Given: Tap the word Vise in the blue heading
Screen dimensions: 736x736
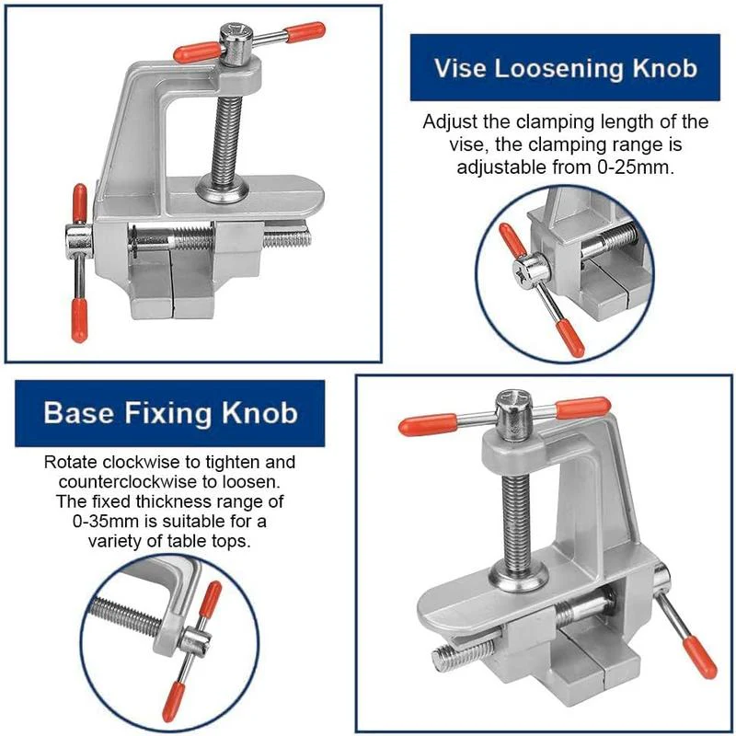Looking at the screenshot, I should [x=460, y=68].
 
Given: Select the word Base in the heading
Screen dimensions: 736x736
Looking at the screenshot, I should [x=78, y=412].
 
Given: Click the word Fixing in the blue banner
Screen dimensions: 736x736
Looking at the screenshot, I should [x=169, y=412].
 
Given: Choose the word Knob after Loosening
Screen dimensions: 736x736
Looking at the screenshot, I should [x=664, y=68].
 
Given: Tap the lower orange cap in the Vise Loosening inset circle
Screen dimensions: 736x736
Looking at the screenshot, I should [x=571, y=340].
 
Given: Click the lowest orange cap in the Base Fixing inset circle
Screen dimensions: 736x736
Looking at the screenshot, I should [x=172, y=707].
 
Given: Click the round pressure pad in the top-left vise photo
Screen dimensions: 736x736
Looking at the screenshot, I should [x=222, y=190].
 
